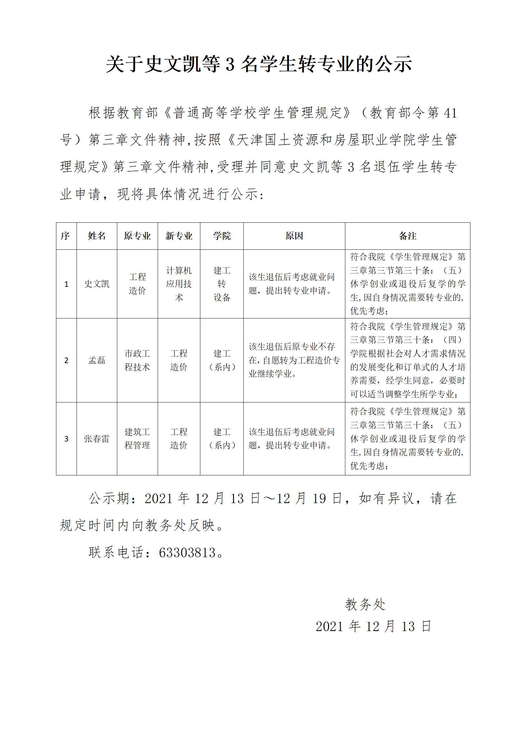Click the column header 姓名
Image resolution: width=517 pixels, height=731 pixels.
point(97,236)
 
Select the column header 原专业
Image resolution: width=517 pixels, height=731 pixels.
point(137,236)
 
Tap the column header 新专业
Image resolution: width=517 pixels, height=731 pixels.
point(179,236)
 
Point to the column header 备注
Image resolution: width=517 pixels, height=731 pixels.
point(408,236)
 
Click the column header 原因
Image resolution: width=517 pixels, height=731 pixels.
point(294,236)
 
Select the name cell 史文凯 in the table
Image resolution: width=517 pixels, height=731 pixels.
point(97,284)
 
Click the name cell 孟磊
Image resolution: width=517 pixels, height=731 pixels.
point(97,360)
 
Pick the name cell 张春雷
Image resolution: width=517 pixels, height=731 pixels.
point(97,439)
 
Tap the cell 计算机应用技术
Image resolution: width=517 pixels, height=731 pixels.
point(179,284)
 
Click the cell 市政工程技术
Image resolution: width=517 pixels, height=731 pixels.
point(137,360)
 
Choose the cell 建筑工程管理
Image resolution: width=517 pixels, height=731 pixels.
point(137,439)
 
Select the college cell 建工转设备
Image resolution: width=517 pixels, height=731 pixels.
point(222,284)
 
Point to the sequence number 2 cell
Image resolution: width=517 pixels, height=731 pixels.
point(66,360)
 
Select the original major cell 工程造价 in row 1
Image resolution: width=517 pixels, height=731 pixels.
point(137,284)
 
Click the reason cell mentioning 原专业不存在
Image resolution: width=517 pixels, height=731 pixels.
point(294,360)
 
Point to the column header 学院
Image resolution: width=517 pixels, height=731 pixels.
point(222,236)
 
